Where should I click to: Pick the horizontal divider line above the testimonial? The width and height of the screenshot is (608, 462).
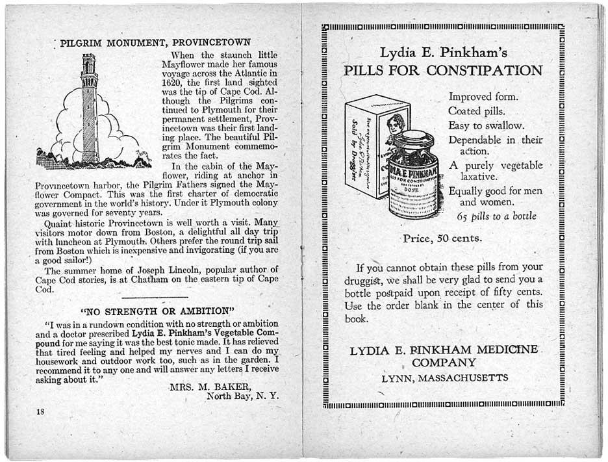[x=158, y=296]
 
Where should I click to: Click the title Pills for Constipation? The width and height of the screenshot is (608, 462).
[x=442, y=70]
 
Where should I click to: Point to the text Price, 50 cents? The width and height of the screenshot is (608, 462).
[x=442, y=238]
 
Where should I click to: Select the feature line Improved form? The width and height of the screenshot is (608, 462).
[x=483, y=97]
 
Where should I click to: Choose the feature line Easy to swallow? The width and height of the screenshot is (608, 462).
[x=486, y=125]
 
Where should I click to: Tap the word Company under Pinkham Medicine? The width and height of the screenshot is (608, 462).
[x=444, y=363]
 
